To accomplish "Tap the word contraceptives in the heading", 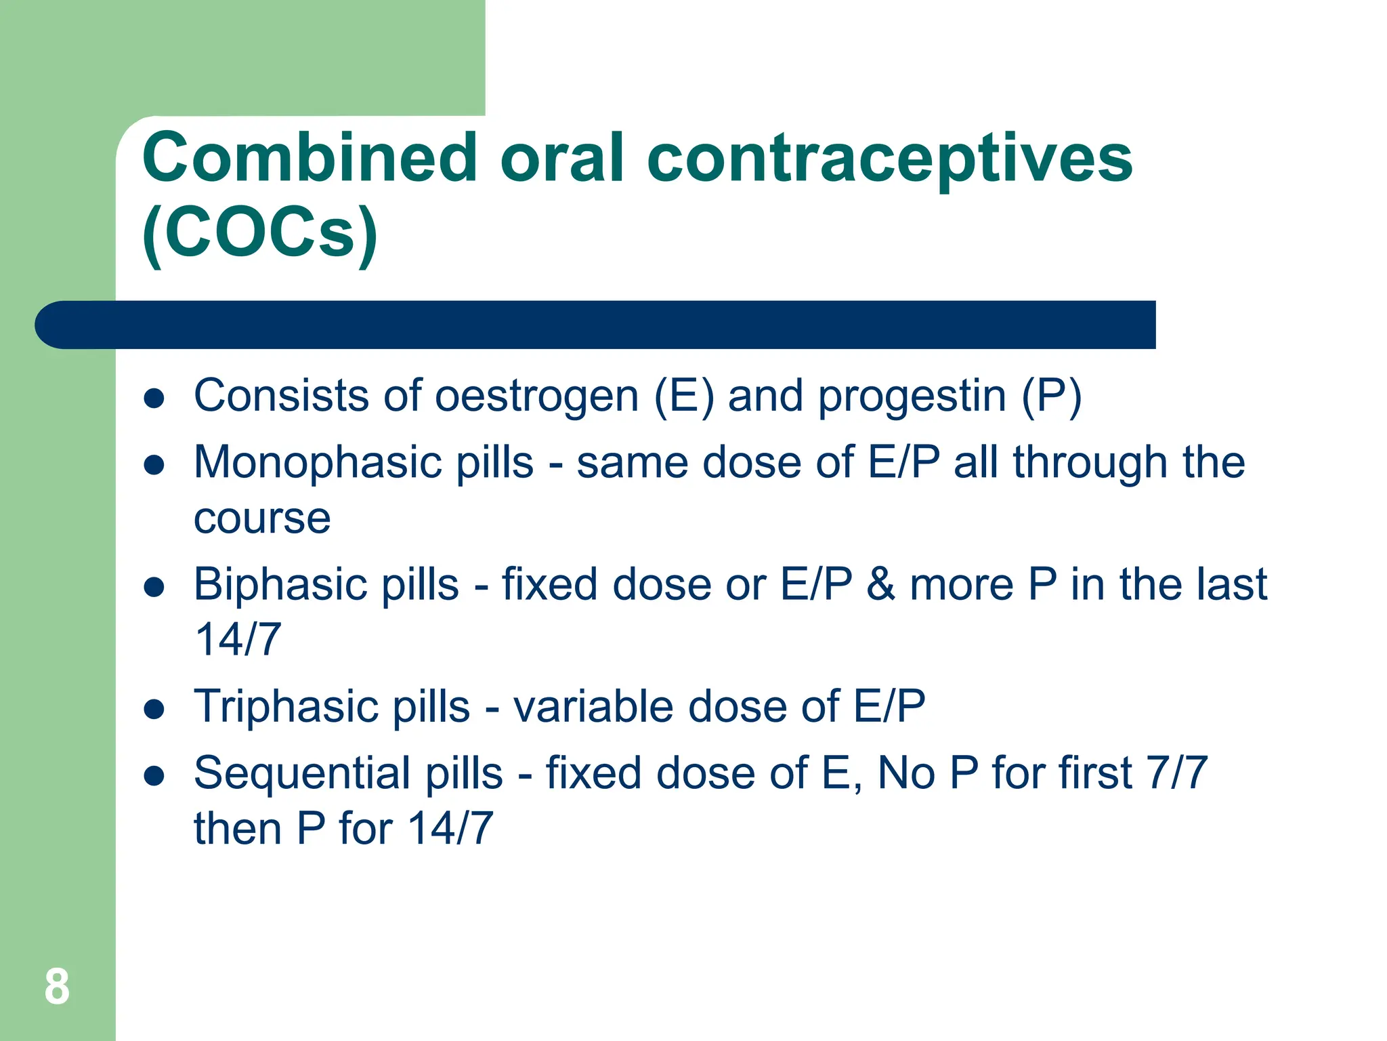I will [889, 160].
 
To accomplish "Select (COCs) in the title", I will [260, 233].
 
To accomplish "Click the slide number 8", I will [57, 987].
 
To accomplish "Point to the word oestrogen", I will [536, 396].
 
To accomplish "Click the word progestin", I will [912, 396].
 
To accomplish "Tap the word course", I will [262, 518].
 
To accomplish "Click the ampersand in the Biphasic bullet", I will [880, 584].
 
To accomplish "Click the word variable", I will [593, 706].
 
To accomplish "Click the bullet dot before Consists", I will [154, 399].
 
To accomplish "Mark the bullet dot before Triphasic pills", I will [154, 709].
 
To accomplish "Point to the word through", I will [1090, 463].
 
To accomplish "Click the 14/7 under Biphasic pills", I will [238, 639].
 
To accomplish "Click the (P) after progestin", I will [1051, 396].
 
